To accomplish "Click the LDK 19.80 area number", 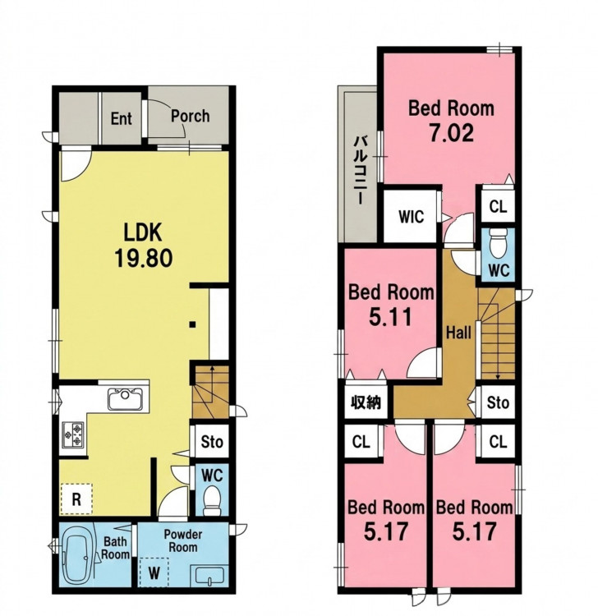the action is [x=144, y=259].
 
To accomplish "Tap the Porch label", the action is [x=191, y=117].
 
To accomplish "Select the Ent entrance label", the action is [x=121, y=118].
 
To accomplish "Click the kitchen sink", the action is [x=126, y=399].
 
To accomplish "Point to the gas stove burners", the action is [x=73, y=434].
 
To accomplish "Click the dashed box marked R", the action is [x=76, y=499].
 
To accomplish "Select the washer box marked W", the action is [x=154, y=572].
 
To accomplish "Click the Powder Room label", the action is [x=182, y=541].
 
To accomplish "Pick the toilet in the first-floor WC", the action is [x=213, y=500].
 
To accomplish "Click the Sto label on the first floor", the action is [x=212, y=442].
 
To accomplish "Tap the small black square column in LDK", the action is [x=192, y=324].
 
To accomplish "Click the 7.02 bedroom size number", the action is [x=451, y=134].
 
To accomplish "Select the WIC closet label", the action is [x=411, y=217].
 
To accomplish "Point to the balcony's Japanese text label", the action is [x=361, y=170].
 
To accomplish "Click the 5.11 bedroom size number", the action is [x=390, y=317].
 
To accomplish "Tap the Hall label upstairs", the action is [x=458, y=333].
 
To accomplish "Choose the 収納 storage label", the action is [x=366, y=402].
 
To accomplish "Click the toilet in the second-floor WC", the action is [x=499, y=243].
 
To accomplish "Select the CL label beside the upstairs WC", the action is [x=499, y=206].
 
